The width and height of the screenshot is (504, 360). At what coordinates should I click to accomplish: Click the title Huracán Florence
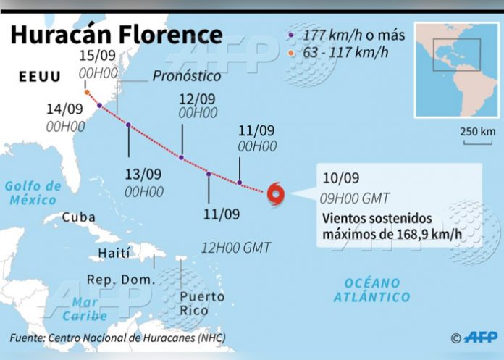[x=117, y=35]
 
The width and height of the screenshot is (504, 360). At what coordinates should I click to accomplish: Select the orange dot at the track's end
[x=87, y=93]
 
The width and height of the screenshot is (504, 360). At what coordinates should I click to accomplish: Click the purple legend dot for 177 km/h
[x=290, y=34]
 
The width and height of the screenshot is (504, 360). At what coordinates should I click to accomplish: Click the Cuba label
[x=78, y=217]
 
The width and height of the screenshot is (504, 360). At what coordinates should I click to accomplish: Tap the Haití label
[x=114, y=253]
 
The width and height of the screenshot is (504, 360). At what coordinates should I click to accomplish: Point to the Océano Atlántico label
[x=372, y=290]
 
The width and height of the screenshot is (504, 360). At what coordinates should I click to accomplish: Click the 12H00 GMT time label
[x=238, y=248]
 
